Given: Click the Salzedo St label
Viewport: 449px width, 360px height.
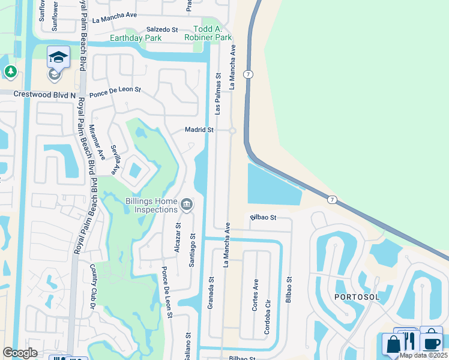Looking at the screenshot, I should (163, 29).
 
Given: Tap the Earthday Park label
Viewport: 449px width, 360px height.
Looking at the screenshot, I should (136, 38).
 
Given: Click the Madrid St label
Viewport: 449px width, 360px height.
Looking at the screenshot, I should (199, 130).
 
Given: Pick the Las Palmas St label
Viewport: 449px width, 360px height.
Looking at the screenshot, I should (218, 93).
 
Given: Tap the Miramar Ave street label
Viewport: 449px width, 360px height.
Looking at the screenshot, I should (100, 146).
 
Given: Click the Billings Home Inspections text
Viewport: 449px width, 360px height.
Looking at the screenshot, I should (151, 205).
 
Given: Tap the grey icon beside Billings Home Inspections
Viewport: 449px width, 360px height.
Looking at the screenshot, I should (187, 206).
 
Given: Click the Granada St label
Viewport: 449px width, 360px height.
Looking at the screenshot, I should (211, 292).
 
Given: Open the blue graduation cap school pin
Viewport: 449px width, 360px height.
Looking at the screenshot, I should (58, 58).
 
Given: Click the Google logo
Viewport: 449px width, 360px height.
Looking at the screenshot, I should (20, 353).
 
